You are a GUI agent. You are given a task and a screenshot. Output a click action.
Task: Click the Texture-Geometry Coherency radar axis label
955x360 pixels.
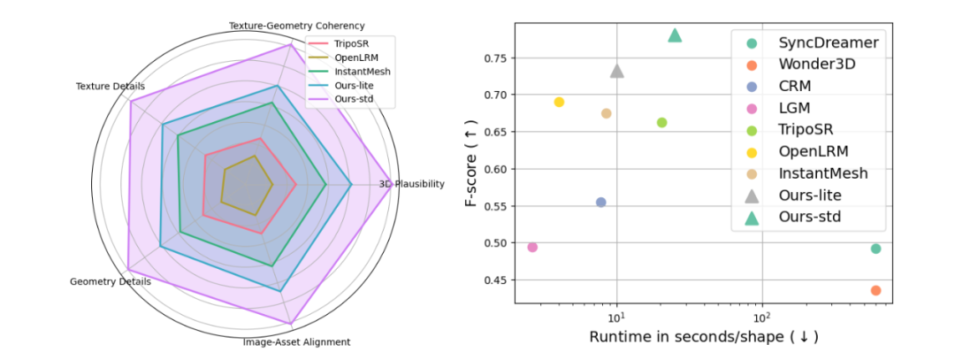[296, 26]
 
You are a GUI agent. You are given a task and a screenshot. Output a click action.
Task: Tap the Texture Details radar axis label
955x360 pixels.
[111, 86]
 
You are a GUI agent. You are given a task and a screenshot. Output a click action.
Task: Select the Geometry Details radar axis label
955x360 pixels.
[110, 281]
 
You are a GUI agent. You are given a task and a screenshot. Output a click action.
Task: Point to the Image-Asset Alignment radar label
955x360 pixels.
[296, 341]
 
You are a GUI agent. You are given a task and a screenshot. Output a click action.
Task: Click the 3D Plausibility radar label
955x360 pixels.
[411, 184]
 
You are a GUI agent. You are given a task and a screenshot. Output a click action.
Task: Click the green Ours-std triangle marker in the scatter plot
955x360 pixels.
[675, 35]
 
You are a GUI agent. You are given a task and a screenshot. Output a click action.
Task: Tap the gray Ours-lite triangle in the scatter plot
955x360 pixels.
[617, 71]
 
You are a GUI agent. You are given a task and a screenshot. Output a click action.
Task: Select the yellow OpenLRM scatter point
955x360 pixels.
[559, 102]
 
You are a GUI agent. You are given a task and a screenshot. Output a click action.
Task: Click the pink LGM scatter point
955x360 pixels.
[532, 247]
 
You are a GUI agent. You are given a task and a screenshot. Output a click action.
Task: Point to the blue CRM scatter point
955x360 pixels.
[601, 202]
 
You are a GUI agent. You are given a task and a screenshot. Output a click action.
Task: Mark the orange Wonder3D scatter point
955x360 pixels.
[875, 290]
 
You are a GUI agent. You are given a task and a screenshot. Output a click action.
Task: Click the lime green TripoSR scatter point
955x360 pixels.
[661, 122]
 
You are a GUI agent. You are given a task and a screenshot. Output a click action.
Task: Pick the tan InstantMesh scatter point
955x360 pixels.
[606, 113]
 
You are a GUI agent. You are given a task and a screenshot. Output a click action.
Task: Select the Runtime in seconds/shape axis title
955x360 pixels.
[704, 337]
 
